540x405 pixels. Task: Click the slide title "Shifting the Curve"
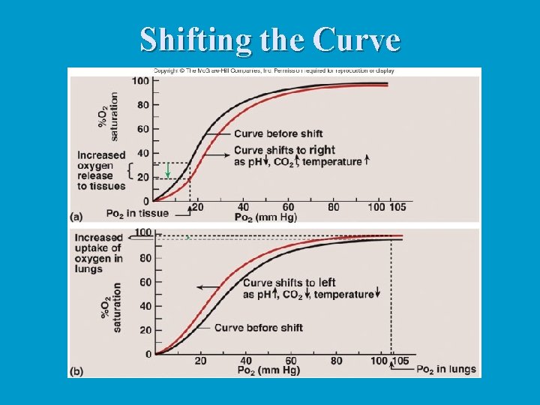[270, 40]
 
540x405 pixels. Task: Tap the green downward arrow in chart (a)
[168, 170]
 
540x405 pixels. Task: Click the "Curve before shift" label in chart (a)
[277, 134]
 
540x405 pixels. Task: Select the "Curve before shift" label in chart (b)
[258, 327]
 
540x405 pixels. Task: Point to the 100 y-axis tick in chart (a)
[139, 81]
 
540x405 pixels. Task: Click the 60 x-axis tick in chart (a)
[289, 207]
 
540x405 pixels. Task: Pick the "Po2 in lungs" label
[445, 369]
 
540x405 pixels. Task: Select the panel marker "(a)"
[76, 217]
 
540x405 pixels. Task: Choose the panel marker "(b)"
[76, 370]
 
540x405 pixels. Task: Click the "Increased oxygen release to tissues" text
[101, 170]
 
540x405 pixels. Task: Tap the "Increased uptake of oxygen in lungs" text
[98, 253]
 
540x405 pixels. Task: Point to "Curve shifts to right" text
[284, 151]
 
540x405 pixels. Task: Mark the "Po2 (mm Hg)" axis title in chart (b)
[266, 370]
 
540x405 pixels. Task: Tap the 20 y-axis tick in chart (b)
[145, 330]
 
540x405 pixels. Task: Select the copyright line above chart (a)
[274, 71]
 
